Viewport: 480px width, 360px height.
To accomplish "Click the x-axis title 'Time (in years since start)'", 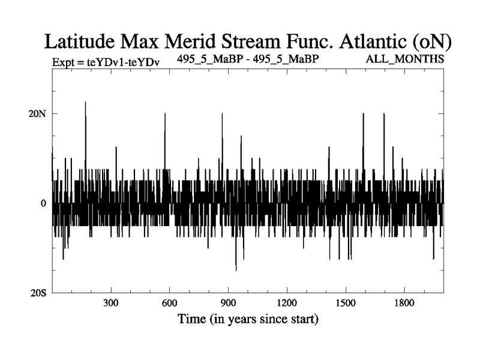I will click(248, 318).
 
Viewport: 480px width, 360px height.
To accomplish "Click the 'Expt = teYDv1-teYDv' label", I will click(101, 61).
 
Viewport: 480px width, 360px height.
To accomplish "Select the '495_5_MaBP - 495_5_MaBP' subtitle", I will click(248, 59).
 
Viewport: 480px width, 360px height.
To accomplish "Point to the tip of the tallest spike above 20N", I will click(85, 102).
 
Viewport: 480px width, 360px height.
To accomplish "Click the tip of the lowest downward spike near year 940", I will click(236, 271).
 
